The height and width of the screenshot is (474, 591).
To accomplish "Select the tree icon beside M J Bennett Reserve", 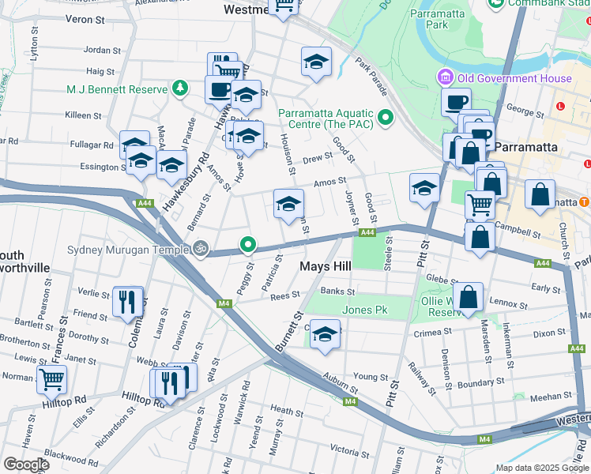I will point(180,88).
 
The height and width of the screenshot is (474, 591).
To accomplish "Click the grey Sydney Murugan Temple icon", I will point(201,250).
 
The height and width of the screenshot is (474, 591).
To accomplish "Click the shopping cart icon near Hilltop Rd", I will point(52,378).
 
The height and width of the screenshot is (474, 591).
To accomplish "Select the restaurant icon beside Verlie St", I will point(127,301).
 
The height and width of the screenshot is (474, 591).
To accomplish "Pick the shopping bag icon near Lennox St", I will point(469,298).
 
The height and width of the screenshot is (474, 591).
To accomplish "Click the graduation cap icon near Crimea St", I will point(324,334).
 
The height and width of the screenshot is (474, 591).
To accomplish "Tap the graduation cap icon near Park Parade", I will point(316,62).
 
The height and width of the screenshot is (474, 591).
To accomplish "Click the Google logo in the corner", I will point(26,465).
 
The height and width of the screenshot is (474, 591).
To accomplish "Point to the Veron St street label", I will point(85,18).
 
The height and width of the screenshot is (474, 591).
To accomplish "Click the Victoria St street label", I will point(343,450).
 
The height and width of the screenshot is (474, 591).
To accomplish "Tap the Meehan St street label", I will point(545,397).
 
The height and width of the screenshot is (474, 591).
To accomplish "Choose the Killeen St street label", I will point(79,115).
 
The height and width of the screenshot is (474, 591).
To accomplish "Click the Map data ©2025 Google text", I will point(541,468).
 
